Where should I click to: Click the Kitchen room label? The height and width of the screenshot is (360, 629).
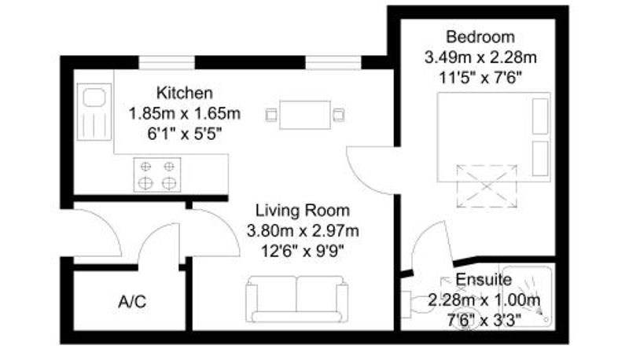[185, 93]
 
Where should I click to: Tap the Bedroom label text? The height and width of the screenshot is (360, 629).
[480, 37]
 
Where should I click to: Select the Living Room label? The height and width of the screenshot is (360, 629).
[303, 211]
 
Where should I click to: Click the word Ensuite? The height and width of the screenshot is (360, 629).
[484, 279]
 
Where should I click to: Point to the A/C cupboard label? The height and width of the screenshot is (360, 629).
[132, 302]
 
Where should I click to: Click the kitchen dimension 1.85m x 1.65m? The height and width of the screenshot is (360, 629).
[185, 113]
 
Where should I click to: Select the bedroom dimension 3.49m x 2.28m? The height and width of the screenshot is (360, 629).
[480, 57]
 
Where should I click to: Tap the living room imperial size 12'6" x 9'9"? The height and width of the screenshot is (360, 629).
[303, 252]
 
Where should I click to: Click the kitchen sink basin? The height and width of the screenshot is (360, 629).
[94, 97]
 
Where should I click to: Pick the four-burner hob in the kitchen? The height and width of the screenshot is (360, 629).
[157, 174]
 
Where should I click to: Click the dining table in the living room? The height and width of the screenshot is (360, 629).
[305, 115]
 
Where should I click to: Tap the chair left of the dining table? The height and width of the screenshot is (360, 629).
[271, 115]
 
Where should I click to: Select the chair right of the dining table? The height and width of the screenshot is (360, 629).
[339, 115]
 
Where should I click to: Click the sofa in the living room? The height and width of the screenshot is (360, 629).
[297, 299]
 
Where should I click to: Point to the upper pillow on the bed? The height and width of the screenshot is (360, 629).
[540, 116]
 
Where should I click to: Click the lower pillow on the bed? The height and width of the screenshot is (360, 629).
[540, 158]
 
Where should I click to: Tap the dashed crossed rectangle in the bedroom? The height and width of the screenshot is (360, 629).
[487, 186]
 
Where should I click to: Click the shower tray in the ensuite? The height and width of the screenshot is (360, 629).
[527, 296]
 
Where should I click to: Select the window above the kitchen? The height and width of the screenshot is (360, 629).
[167, 63]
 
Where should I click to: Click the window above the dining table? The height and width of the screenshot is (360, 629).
[333, 63]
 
